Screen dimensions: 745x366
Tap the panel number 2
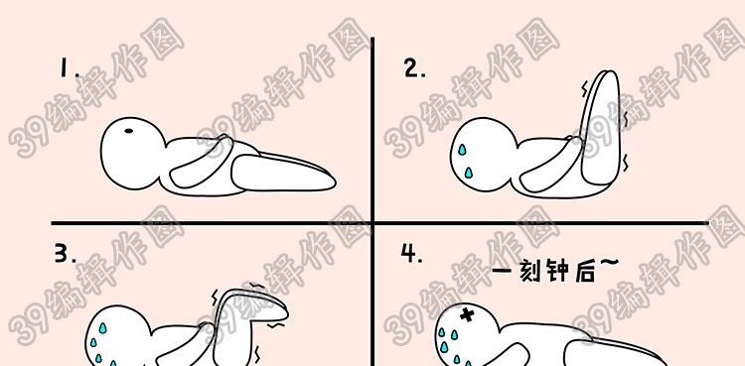415,68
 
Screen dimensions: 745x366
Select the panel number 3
66,255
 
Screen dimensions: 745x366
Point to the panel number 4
411,253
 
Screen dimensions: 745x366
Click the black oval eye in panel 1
129,131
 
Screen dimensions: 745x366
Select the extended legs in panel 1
283,173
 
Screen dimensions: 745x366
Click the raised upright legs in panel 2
601,128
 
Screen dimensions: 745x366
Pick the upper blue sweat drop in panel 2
462,151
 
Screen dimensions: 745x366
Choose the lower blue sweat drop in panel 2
469,172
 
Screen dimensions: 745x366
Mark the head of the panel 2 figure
483,155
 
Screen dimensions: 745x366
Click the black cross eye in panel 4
468,314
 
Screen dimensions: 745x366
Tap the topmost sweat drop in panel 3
102,327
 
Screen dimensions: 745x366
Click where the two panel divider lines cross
372,222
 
